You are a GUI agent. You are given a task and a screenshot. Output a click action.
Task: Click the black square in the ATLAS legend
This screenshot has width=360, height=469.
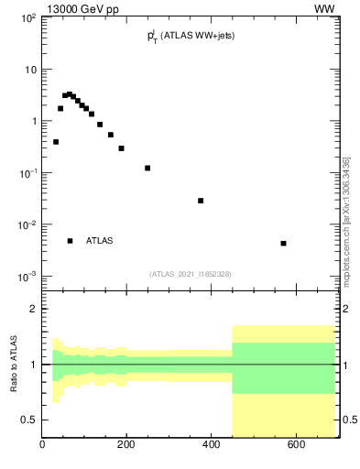pyautogui.click(x=70, y=241)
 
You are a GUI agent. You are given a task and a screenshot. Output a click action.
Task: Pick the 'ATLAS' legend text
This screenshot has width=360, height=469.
pyautogui.click(x=100, y=241)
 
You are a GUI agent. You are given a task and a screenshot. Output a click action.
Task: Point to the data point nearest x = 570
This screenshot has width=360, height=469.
pyautogui.click(x=284, y=244)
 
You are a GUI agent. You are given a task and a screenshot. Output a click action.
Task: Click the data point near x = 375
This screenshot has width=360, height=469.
pyautogui.click(x=201, y=201)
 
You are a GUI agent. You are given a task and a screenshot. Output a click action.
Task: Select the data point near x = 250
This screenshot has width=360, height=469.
pyautogui.click(x=147, y=168)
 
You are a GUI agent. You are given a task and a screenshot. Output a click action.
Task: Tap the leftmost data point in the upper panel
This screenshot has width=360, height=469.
pyautogui.click(x=56, y=142)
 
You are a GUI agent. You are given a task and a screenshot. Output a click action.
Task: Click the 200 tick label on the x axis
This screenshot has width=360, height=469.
pyautogui.click(x=126, y=445)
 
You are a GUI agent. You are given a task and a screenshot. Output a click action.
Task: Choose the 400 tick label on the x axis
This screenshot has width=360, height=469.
pyautogui.click(x=211, y=445)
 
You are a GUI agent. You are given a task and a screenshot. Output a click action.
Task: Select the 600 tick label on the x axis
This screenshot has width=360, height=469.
pyautogui.click(x=295, y=445)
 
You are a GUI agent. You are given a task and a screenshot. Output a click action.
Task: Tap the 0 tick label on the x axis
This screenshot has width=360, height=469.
pyautogui.click(x=42, y=445)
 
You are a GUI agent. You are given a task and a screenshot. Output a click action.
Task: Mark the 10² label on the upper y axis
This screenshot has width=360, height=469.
pyautogui.click(x=28, y=18)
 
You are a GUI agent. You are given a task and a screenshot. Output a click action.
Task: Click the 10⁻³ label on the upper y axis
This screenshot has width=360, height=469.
pyautogui.click(x=27, y=277)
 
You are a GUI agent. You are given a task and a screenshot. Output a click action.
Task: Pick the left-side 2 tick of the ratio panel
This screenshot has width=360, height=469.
pyautogui.click(x=33, y=309)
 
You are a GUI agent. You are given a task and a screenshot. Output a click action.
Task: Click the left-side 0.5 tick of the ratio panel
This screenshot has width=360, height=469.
pyautogui.click(x=29, y=420)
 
